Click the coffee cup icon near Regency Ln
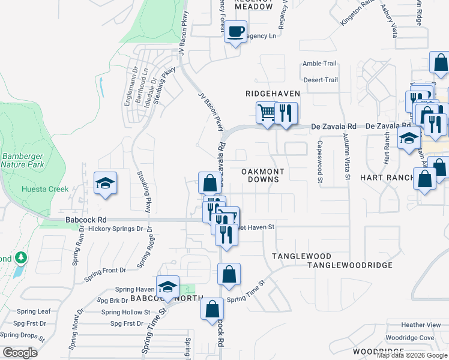(236, 31)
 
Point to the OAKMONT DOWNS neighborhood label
(263, 175)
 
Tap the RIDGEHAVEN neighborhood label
(273, 94)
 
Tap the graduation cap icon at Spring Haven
(167, 287)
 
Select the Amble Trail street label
(320, 64)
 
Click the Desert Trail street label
(321, 80)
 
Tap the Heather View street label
(421, 325)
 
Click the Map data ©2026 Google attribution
(412, 355)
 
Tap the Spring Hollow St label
(125, 312)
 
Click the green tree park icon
(21, 258)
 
